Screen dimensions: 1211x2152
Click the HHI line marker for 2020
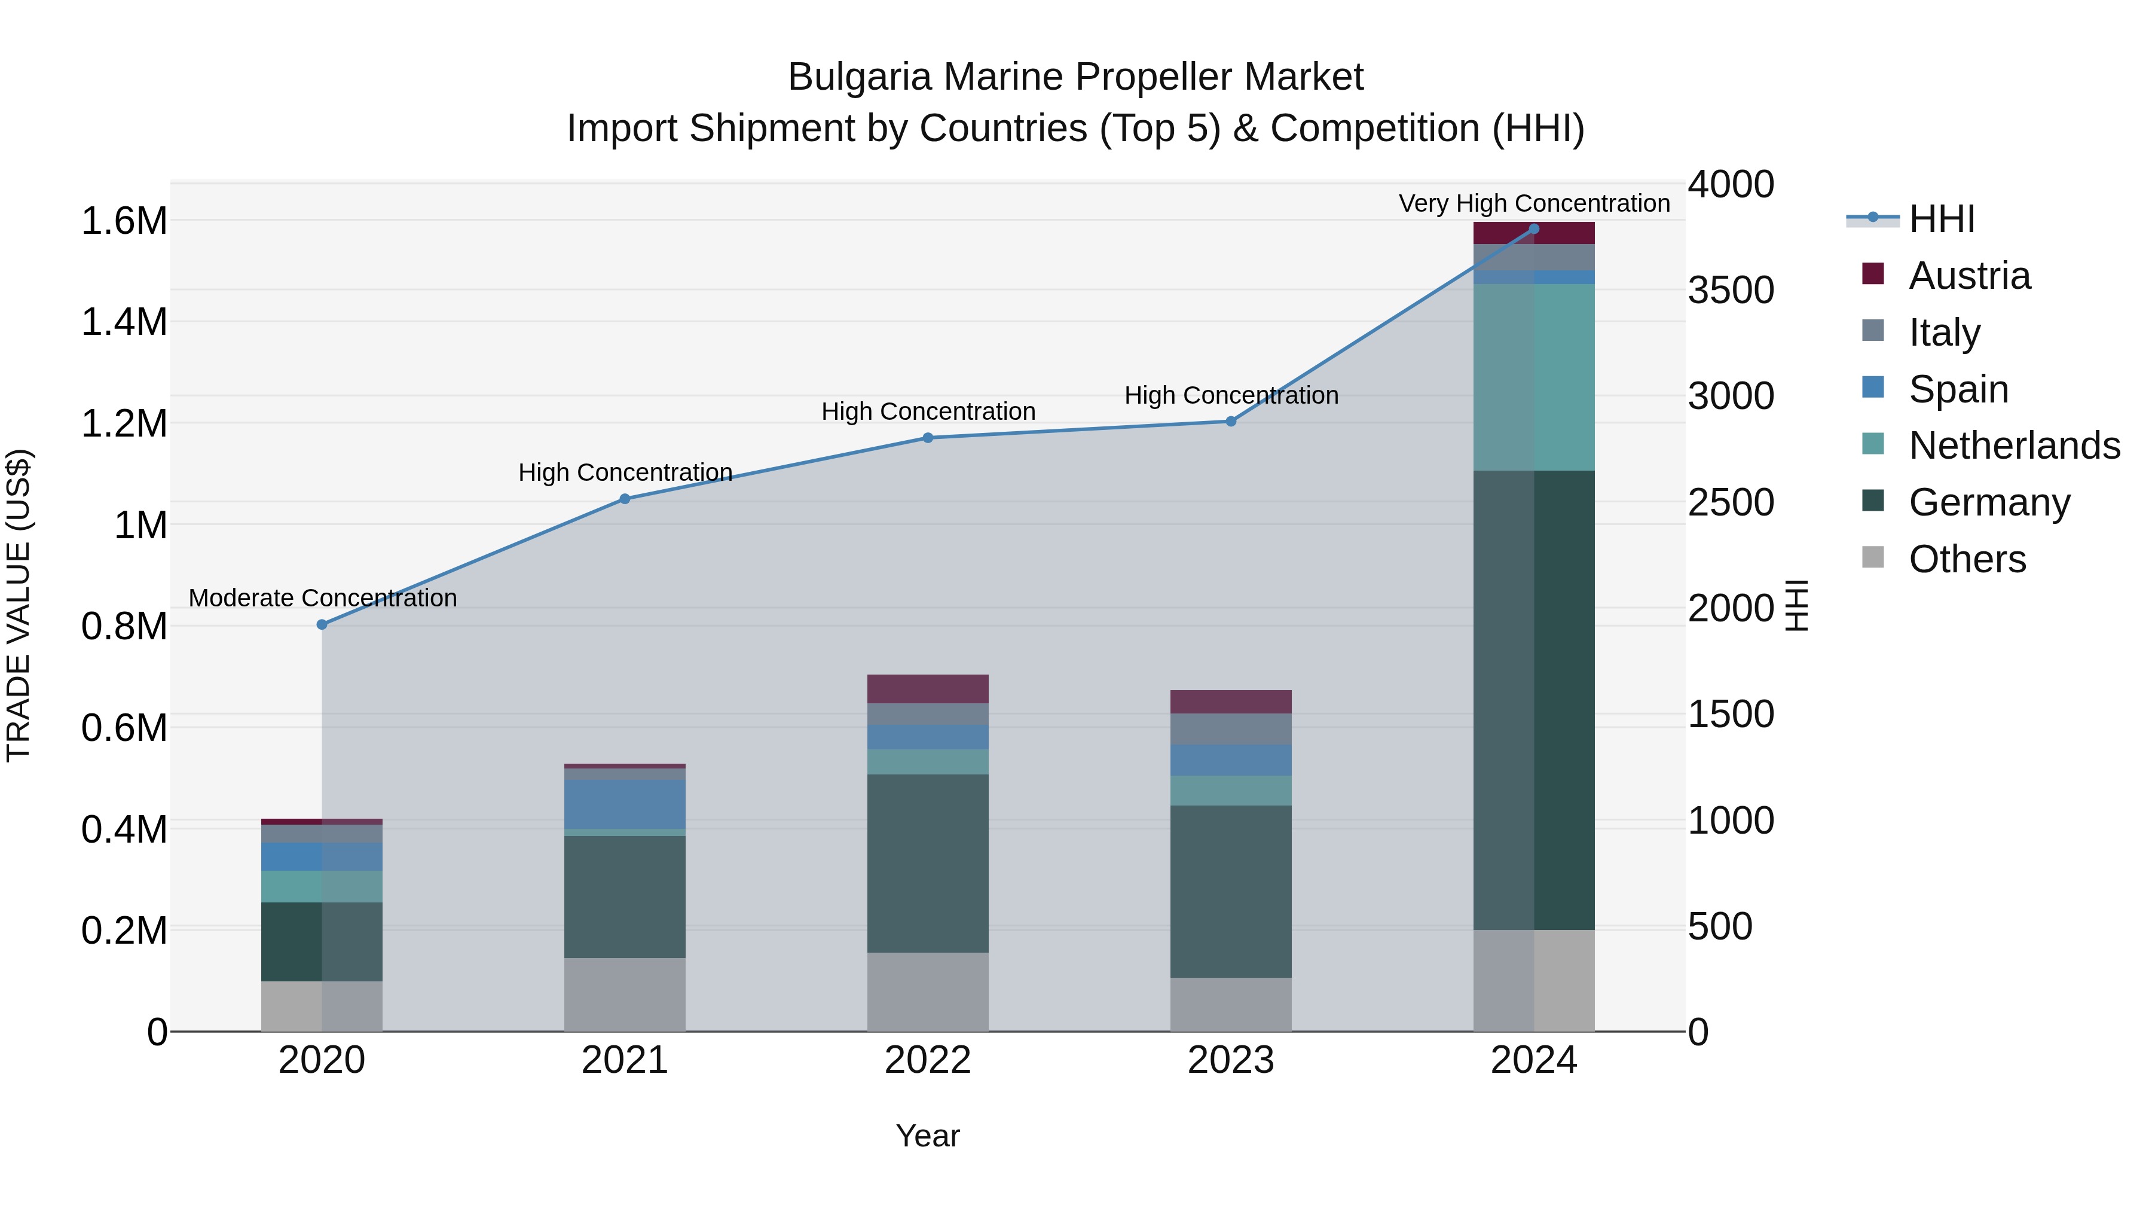pos(322,624)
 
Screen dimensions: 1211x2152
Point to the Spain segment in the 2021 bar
pos(624,804)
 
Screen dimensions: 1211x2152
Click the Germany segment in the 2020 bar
pos(322,941)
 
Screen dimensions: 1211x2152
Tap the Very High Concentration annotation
pos(1534,203)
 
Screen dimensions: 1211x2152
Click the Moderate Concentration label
pos(322,599)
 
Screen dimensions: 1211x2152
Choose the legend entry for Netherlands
pos(2013,446)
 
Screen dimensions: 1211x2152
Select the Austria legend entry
pos(1968,276)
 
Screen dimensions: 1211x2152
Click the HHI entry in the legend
pos(1940,219)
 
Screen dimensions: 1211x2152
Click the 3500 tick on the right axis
pos(1730,290)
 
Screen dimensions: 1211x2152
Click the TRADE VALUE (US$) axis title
pos(19,605)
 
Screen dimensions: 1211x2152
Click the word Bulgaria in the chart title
pos(859,77)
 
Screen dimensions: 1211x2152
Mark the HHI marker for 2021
pos(624,499)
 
